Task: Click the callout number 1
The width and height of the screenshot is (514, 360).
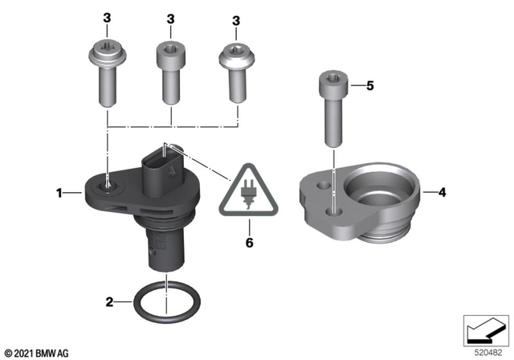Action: (58, 192)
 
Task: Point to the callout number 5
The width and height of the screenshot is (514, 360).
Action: (370, 84)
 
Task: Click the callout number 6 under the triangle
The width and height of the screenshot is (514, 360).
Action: (248, 240)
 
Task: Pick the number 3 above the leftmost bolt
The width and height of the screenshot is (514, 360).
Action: (105, 18)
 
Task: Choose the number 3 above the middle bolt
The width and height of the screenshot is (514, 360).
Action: (171, 18)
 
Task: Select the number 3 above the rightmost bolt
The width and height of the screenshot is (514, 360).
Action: (236, 18)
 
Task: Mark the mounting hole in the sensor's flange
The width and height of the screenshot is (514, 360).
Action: (107, 188)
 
